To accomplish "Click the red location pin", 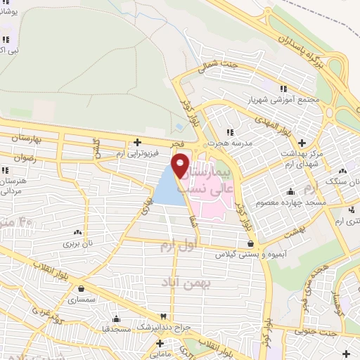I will tap(181, 165).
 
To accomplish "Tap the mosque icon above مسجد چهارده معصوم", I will tap(291, 191).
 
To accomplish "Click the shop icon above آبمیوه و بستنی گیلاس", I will tap(251, 243).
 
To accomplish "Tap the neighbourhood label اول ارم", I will tap(176, 247).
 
